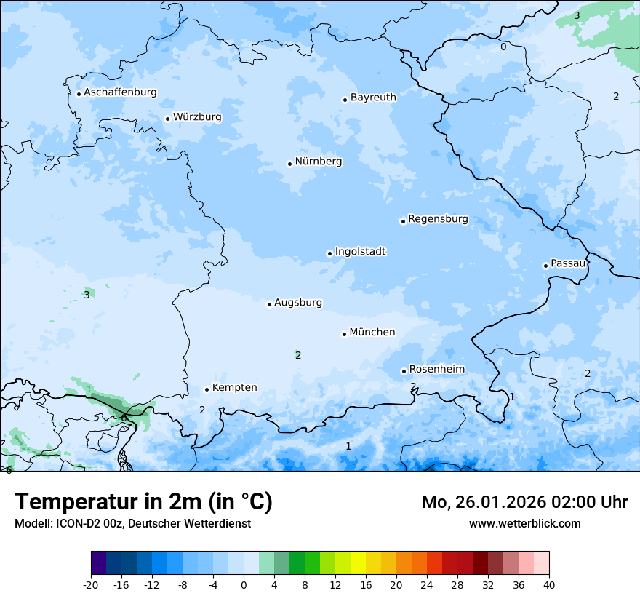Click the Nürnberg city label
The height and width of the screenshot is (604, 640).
click(x=318, y=162)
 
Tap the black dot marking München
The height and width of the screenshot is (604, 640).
click(x=344, y=334)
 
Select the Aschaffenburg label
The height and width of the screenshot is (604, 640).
click(x=120, y=92)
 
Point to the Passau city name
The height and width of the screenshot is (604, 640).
click(x=568, y=263)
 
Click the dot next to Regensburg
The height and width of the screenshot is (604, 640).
click(x=403, y=221)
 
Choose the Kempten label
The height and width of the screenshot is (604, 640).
click(x=234, y=388)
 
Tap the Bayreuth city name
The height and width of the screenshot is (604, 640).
click(x=373, y=98)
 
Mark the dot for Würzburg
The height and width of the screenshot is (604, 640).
click(x=167, y=119)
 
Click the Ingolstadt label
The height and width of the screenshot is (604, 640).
click(x=360, y=252)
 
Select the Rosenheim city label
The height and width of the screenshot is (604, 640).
click(x=436, y=370)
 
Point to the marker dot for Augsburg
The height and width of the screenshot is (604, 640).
click(x=269, y=304)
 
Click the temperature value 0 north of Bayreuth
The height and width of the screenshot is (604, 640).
click(x=503, y=47)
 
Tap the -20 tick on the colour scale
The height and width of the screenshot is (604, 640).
click(x=91, y=584)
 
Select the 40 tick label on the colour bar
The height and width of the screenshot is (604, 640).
click(x=548, y=584)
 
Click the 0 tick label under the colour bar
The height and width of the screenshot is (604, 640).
click(x=244, y=584)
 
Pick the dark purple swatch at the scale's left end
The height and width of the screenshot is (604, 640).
click(x=98, y=563)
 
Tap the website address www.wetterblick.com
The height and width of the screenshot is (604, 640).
click(x=524, y=523)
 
